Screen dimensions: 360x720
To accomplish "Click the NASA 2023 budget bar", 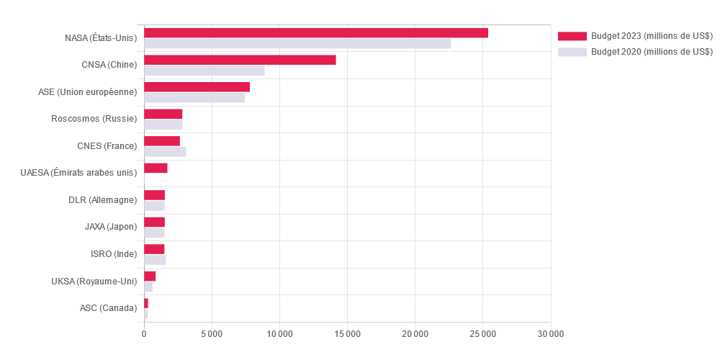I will coord(316,33).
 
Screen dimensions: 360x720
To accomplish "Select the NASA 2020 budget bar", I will coord(297,44).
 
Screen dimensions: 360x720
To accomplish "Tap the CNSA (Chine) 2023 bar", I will coord(240,60).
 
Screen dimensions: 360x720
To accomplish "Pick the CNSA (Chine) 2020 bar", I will coord(204,71).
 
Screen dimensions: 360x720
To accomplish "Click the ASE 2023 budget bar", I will coord(197,87).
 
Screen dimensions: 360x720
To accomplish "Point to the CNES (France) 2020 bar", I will coord(165,152).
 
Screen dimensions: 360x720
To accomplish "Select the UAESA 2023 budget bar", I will coord(156,168).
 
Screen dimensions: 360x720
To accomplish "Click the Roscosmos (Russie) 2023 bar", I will coord(163,114).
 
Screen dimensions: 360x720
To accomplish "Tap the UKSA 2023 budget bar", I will coord(150,276).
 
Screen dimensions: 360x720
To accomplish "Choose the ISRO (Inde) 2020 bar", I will coord(155,260).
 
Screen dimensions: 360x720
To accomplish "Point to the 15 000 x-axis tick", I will coord(347,334).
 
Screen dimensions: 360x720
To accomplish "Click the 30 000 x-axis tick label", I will coord(551,334).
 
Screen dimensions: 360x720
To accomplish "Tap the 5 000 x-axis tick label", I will coord(212,334).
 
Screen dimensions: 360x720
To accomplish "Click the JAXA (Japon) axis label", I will coord(110,227).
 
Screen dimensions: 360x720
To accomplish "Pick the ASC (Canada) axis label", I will coord(108,308).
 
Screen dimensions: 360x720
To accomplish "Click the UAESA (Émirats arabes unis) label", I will coord(78,173).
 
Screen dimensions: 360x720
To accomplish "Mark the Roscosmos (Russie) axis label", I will coord(94,119).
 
